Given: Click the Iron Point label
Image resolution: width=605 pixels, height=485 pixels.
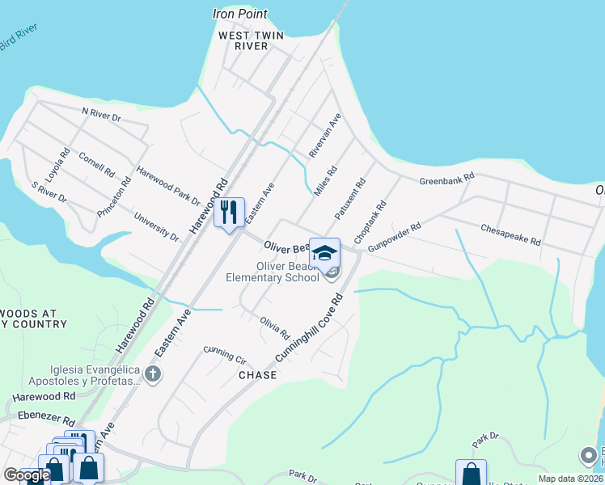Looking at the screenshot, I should point(239,14).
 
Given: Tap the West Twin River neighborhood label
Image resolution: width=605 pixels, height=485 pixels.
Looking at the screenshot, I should point(243,41).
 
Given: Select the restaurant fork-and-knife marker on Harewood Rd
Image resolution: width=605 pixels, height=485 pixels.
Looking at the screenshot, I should point(230,213).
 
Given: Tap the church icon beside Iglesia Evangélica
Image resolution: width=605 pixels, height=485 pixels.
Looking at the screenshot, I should point(154,373).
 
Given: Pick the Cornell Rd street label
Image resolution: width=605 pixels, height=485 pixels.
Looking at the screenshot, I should point(96,164).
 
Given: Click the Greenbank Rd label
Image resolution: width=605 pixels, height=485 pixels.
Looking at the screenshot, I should point(446,179).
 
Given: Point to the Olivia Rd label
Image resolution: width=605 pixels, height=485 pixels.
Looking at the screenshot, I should point(275,327).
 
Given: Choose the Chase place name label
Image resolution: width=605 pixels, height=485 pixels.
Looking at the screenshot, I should point(257,375).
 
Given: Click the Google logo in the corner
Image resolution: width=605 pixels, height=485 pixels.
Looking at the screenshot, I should point(27,475).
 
